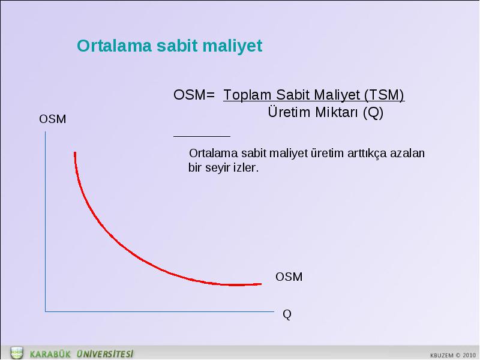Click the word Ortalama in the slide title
(114, 46)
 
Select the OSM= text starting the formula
(194, 95)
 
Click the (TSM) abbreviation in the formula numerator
(384, 95)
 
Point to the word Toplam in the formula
(247, 96)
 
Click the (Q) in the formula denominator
(373, 113)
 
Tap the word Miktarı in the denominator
(337, 112)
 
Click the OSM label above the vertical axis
(52, 119)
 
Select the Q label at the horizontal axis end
(287, 314)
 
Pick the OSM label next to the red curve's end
(289, 277)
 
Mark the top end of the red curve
(75, 152)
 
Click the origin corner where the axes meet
(46, 311)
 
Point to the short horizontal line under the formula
(202, 137)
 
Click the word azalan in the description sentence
(407, 153)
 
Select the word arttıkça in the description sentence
(367, 154)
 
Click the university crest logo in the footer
(17, 353)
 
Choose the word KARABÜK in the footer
(50, 354)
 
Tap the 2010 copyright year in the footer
(469, 355)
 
